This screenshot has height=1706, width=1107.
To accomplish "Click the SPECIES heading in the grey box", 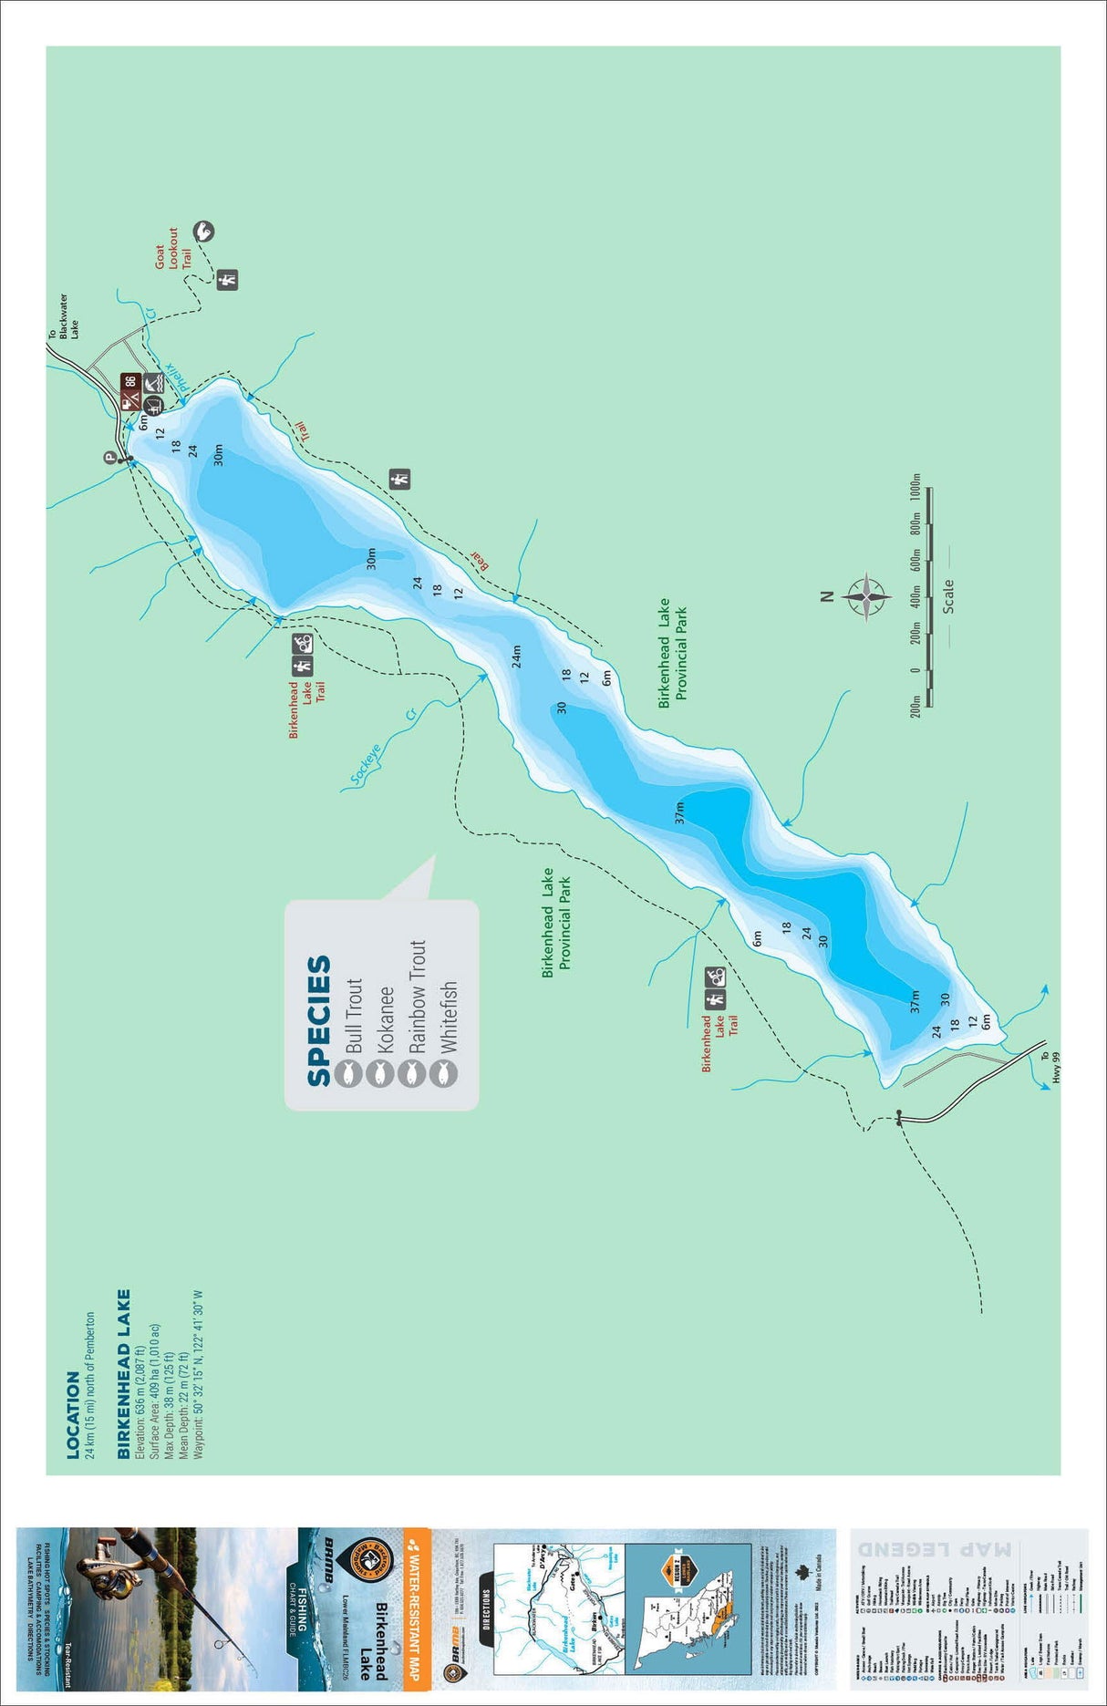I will pyautogui.click(x=318, y=1020).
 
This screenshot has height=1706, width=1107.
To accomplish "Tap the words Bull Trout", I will pyautogui.click(x=353, y=1017).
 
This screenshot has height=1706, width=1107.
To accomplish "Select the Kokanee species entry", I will pyautogui.click(x=384, y=1019).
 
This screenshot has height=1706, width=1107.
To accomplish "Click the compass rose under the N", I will pyautogui.click(x=865, y=598).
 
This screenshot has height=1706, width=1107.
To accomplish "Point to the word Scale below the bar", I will pyautogui.click(x=947, y=595).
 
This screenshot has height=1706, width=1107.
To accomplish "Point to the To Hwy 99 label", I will pyautogui.click(x=1050, y=1068).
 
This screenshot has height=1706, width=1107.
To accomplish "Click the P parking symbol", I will pyautogui.click(x=109, y=459).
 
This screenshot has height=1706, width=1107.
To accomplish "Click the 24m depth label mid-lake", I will pyautogui.click(x=516, y=656).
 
